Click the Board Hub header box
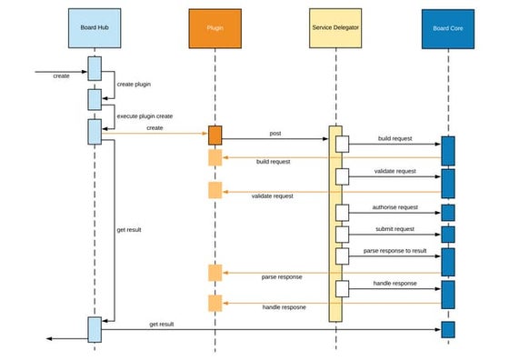(x=95, y=28)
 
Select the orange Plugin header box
(x=215, y=28)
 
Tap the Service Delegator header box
(x=334, y=28)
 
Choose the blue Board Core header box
(x=447, y=28)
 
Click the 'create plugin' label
(x=135, y=84)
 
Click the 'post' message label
(x=275, y=133)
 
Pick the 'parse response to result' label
(x=395, y=250)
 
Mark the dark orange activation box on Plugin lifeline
(x=215, y=135)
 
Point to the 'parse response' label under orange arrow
(x=282, y=276)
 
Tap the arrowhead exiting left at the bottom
(x=50, y=338)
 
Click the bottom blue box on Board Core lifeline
(x=447, y=328)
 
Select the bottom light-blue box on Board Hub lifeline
(x=95, y=329)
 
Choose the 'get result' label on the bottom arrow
(x=162, y=324)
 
